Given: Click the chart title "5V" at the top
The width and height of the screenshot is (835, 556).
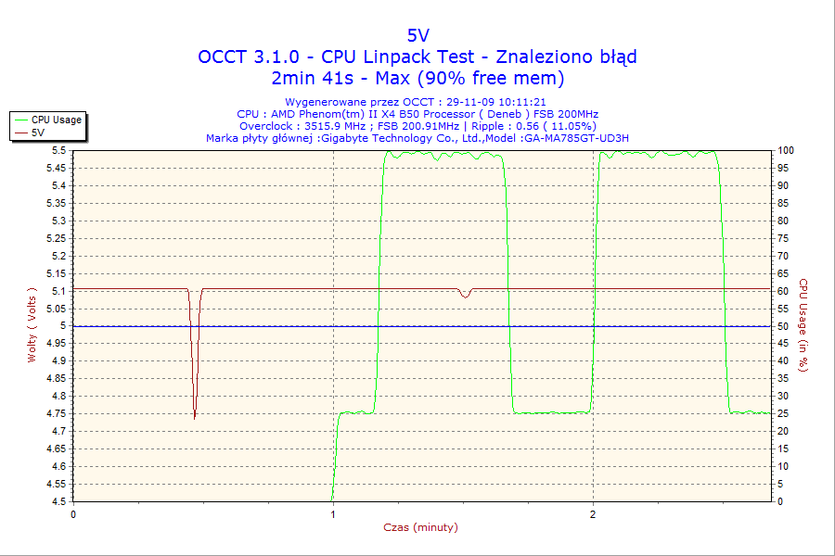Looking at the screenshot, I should click(x=417, y=35).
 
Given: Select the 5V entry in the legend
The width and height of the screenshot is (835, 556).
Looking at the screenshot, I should click(x=38, y=133).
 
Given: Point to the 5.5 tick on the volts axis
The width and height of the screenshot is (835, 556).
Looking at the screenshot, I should click(x=58, y=150).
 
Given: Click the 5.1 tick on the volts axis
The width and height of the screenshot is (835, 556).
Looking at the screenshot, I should click(x=58, y=291).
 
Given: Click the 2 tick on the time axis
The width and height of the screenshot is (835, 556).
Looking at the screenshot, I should click(x=593, y=512).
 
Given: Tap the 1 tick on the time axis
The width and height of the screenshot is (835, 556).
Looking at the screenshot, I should click(x=333, y=512).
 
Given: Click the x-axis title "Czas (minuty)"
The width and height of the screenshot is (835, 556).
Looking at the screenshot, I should click(x=420, y=527).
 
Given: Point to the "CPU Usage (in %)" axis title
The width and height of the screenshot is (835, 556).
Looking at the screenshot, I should click(x=804, y=325).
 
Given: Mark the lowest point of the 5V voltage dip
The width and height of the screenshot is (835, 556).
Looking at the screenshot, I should click(x=195, y=418).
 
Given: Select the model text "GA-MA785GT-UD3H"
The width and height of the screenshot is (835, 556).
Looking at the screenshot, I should click(x=576, y=138).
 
